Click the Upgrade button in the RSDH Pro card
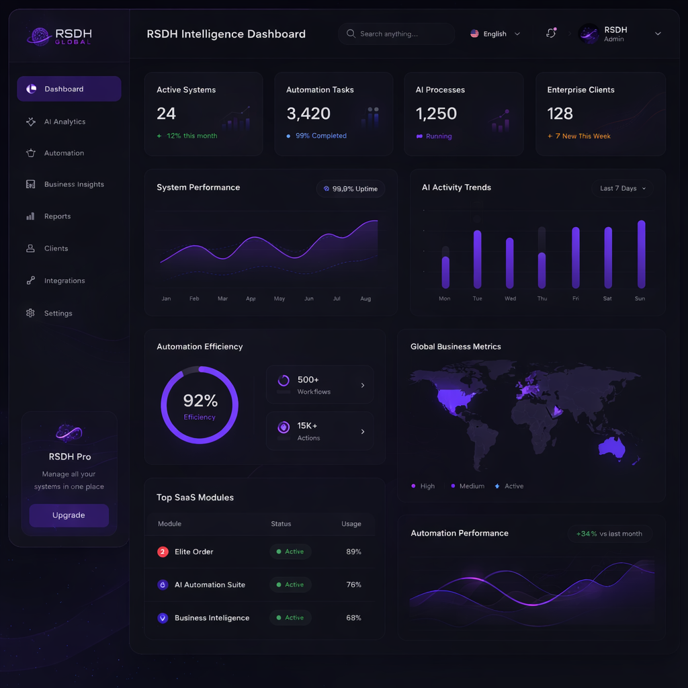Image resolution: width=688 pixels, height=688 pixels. (69, 515)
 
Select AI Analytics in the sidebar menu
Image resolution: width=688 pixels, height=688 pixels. (64, 122)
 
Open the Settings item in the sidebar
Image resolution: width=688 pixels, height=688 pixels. (58, 313)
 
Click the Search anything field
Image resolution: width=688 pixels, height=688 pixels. (396, 34)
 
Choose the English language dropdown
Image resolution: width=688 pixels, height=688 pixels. (495, 34)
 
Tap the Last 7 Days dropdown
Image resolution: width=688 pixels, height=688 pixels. (623, 188)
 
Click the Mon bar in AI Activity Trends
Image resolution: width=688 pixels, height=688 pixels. (445, 271)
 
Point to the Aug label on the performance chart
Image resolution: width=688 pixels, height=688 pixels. (365, 298)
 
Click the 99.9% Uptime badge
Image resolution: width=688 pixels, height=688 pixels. (351, 189)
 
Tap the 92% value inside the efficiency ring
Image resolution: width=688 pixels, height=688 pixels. (200, 401)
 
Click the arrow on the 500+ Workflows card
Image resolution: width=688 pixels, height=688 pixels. (363, 385)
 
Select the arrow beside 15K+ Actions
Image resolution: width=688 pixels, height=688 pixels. (363, 431)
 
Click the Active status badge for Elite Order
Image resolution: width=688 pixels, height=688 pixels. (290, 552)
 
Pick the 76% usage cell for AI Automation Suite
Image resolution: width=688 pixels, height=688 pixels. (353, 585)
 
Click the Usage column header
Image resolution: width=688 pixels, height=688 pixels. (351, 524)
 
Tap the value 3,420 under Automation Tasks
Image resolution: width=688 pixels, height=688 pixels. (308, 114)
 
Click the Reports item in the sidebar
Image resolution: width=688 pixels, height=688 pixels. (57, 216)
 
